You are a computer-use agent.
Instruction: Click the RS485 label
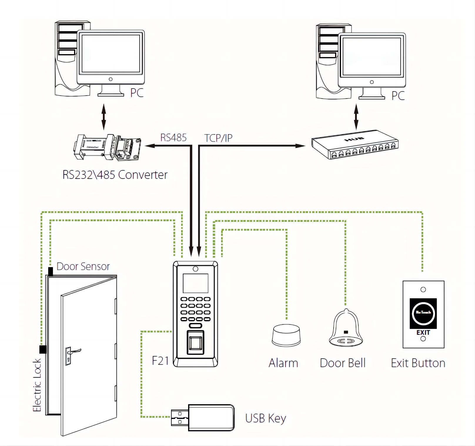[x=173, y=138]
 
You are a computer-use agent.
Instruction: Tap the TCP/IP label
[x=218, y=138]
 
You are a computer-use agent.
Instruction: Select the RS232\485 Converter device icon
[x=107, y=148]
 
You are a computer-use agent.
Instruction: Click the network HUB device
[x=355, y=144]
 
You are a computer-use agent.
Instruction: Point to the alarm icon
[x=286, y=335]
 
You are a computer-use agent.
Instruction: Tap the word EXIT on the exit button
[x=423, y=332]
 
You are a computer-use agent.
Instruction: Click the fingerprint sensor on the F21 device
[x=195, y=342]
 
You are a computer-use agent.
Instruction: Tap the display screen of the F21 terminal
[x=195, y=283]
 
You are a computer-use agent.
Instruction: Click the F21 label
[x=160, y=361]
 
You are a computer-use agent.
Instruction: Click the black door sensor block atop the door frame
[x=51, y=271]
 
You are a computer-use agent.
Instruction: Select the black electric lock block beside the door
[x=43, y=349]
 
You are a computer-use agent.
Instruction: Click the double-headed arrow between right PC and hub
[x=356, y=117]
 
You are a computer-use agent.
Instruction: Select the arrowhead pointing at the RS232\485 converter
[x=149, y=146]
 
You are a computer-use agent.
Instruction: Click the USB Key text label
[x=265, y=418]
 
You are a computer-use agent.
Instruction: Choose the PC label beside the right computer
[x=398, y=96]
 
